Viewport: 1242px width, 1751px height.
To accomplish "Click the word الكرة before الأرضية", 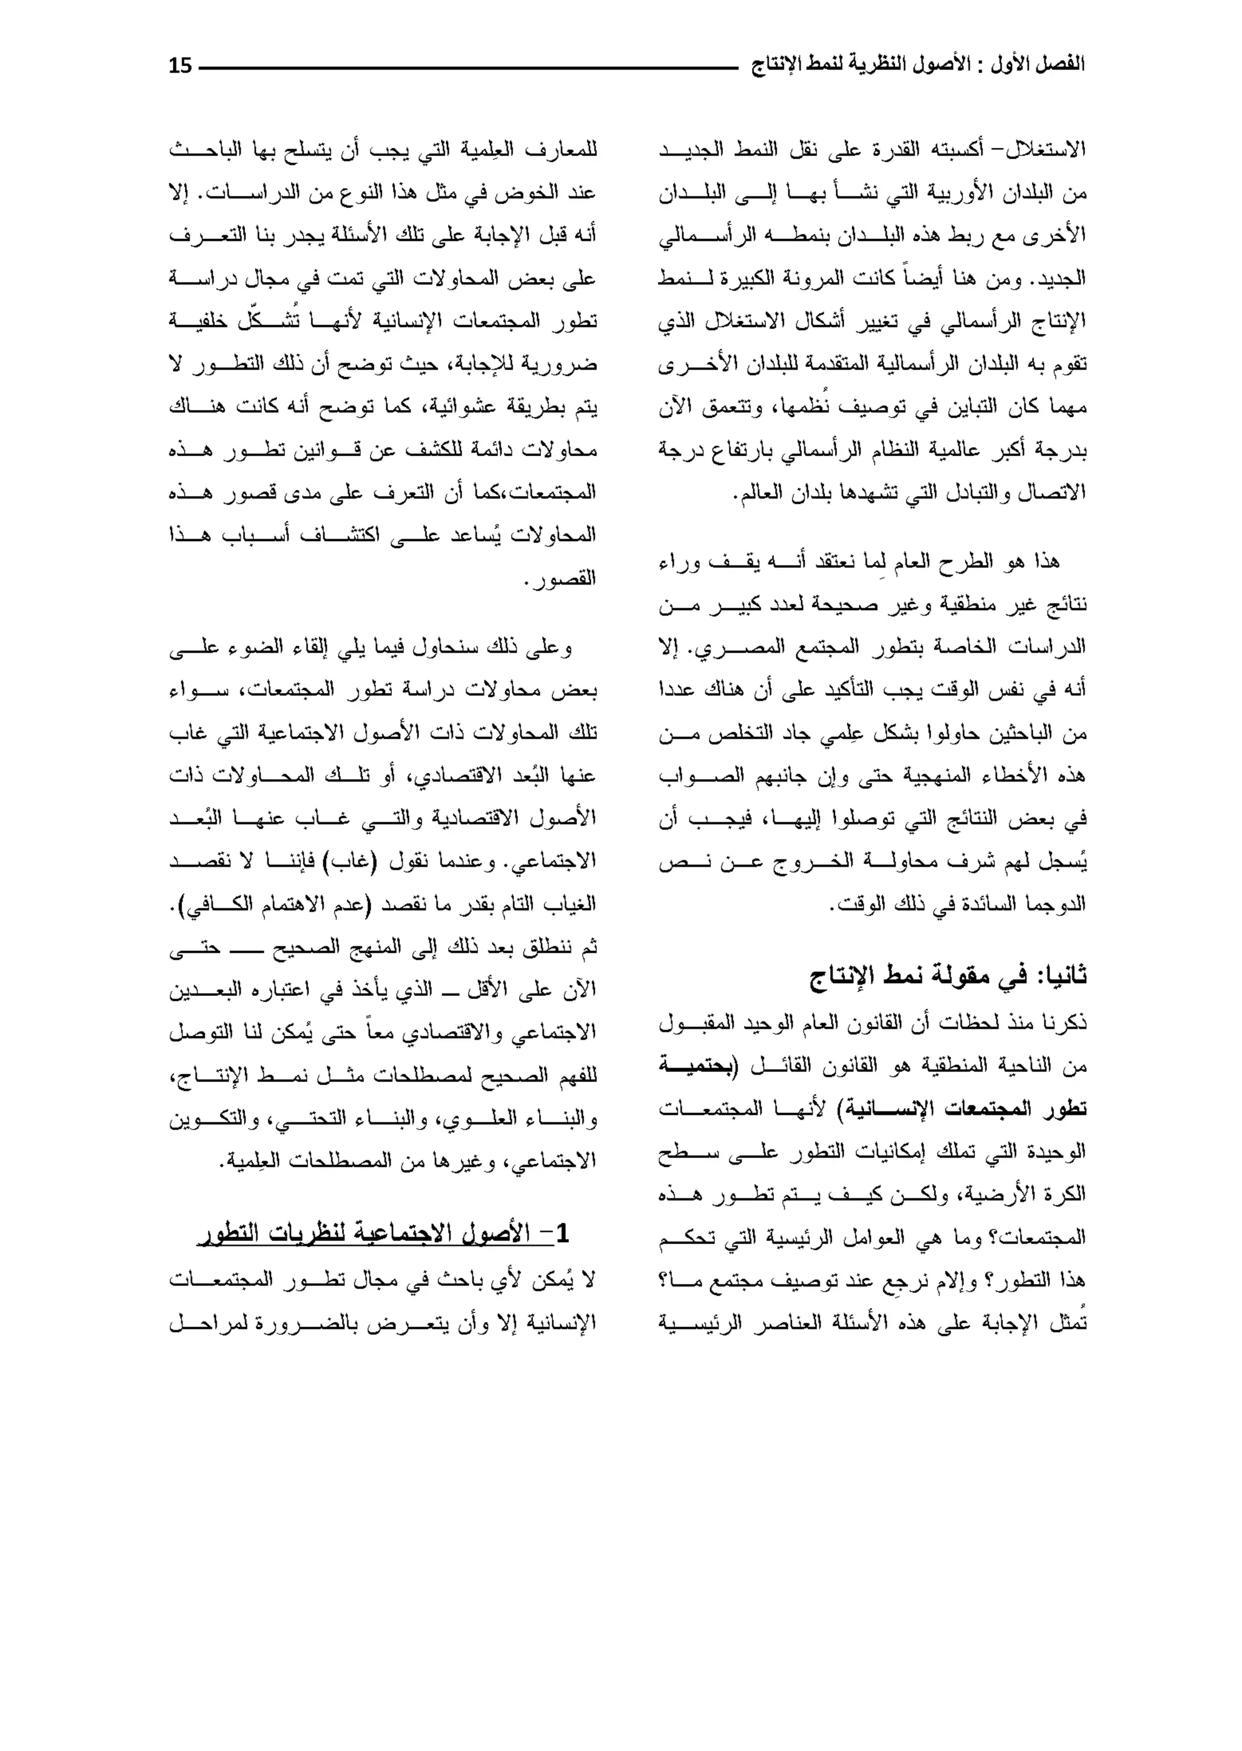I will pyautogui.click(x=1066, y=1194).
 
